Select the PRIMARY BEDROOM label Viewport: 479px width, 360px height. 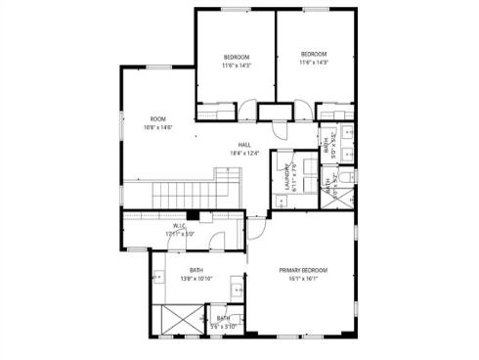click(x=302, y=270)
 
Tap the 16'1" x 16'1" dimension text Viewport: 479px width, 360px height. click(x=302, y=279)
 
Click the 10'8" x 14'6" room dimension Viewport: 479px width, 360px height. click(x=157, y=126)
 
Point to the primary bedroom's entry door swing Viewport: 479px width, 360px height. click(x=256, y=229)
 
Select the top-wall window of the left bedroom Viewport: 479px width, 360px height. click(x=235, y=11)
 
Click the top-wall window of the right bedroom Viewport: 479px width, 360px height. click(x=315, y=11)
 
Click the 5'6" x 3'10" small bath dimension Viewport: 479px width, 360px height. click(x=224, y=326)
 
